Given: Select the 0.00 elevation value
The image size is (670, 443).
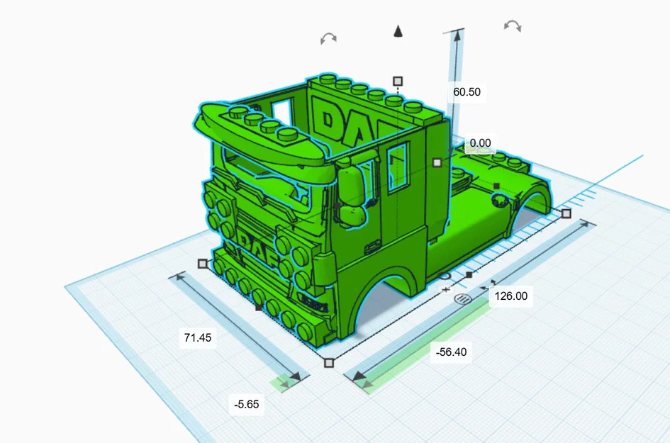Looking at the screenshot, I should click(x=480, y=143).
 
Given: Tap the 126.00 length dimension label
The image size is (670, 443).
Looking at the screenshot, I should click(x=511, y=296).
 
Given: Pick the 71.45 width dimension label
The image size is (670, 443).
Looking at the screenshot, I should click(x=198, y=338).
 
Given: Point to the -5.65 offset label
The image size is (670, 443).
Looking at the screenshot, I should click(x=246, y=405).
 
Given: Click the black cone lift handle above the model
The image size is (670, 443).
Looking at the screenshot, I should click(x=398, y=31).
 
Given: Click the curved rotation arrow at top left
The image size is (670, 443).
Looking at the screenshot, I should click(x=328, y=38).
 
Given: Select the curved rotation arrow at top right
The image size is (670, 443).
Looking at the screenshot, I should click(x=512, y=26).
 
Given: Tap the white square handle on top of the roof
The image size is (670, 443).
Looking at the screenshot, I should click(x=398, y=82).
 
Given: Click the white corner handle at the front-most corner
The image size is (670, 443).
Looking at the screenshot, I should click(x=328, y=363).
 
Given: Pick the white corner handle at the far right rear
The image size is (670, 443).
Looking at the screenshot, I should click(x=566, y=213).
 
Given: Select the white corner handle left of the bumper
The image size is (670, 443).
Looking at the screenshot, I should click(x=203, y=264).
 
